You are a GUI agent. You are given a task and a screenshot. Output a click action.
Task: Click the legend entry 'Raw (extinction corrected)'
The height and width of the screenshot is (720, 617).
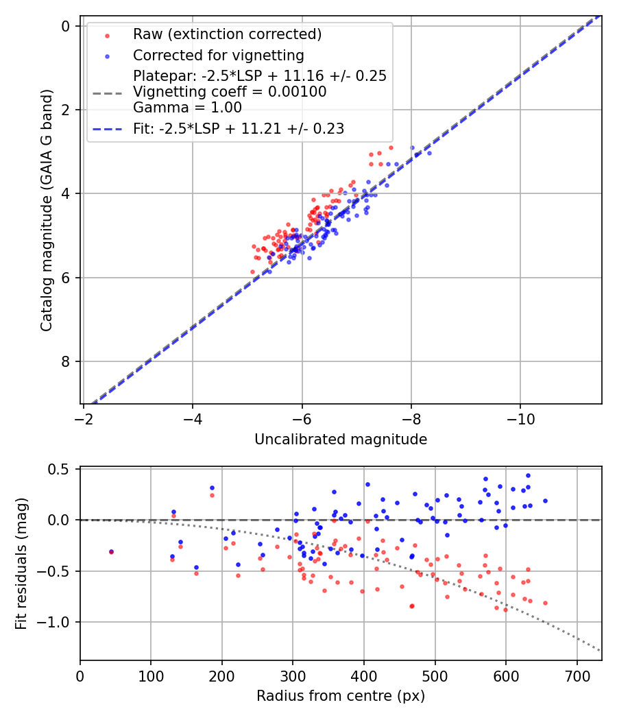[x=227, y=34]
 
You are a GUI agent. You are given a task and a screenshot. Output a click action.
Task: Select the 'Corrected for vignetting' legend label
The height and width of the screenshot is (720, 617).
[x=219, y=55]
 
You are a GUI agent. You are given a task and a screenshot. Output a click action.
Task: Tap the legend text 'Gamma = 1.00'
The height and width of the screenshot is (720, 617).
[x=187, y=107]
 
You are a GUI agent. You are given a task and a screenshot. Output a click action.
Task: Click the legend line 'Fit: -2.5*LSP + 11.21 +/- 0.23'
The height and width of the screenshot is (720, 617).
[x=239, y=128]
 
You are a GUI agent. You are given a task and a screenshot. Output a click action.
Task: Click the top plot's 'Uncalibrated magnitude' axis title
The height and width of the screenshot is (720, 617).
[x=341, y=440]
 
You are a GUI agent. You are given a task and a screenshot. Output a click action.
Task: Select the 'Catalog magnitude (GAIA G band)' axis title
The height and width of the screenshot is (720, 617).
[x=47, y=214]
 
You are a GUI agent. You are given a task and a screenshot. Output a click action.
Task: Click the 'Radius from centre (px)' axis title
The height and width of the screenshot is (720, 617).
[x=341, y=696]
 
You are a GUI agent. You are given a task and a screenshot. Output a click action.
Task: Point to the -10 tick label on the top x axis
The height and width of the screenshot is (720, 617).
[x=520, y=418]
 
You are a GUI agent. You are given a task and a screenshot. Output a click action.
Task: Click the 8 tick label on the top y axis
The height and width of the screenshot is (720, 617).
[x=66, y=361]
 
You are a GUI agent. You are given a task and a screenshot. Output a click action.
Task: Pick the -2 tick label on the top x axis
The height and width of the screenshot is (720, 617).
[x=84, y=418]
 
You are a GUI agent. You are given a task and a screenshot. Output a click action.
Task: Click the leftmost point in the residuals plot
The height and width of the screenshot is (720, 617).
[x=111, y=551]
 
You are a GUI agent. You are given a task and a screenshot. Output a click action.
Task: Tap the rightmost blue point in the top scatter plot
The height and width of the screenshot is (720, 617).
[x=429, y=153]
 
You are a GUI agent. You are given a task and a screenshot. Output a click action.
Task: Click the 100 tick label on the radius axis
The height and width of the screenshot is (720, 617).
[x=151, y=675]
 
